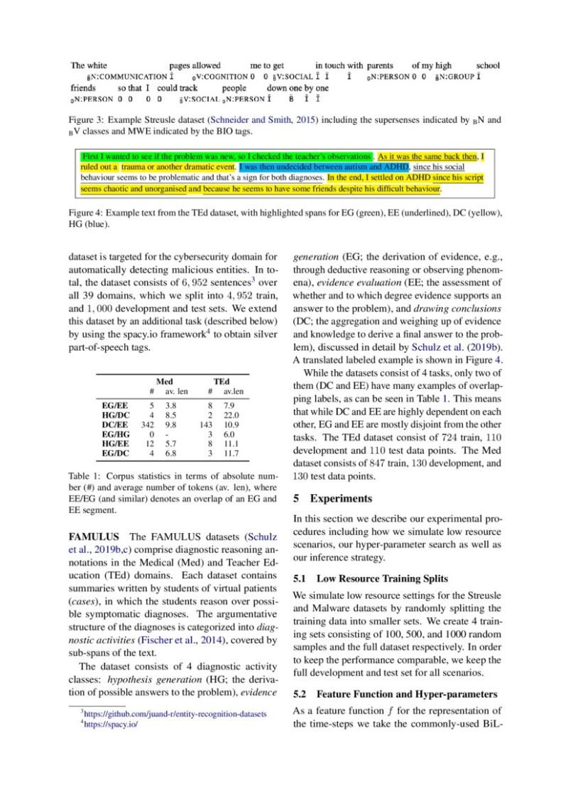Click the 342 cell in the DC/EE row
148,423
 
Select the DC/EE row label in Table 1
115,423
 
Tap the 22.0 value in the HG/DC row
231,414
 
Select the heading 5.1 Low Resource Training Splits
371,578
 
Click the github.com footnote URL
175,713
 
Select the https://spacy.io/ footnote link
111,725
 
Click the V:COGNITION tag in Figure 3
220,77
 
